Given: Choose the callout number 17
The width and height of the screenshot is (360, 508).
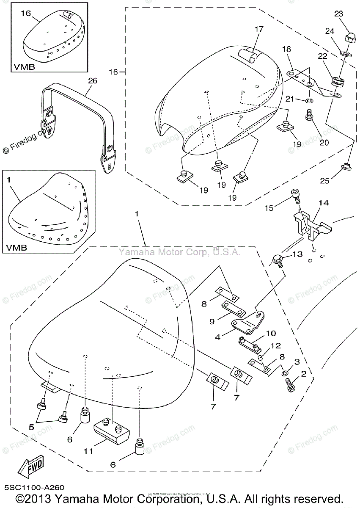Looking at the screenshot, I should pyautogui.click(x=259, y=29).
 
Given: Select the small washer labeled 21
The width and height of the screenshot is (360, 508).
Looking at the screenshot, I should pyautogui.click(x=309, y=101).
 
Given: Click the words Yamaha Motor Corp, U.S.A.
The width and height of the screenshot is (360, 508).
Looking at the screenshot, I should pyautogui.click(x=179, y=252).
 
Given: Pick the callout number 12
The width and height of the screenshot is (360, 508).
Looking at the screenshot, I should pyautogui.click(x=276, y=346).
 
